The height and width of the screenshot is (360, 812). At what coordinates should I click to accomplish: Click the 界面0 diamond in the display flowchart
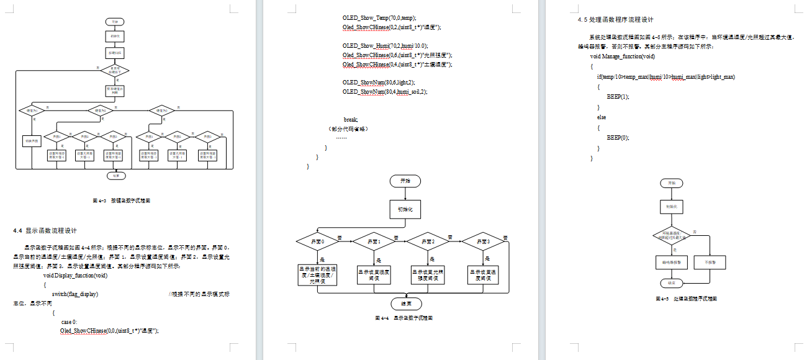(x=317, y=241)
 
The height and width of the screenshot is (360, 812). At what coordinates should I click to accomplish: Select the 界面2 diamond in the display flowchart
(x=430, y=241)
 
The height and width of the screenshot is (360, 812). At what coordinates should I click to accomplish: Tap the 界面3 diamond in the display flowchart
(x=484, y=241)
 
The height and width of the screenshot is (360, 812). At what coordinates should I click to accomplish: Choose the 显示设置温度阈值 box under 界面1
(x=373, y=274)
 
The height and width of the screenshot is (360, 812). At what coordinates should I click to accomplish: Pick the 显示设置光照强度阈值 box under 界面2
(x=429, y=274)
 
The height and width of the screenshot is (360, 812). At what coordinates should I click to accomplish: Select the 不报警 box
(x=710, y=263)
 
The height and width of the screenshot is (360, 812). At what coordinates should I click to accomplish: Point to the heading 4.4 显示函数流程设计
(x=45, y=230)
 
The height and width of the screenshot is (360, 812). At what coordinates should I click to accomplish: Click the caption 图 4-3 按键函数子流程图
(x=122, y=201)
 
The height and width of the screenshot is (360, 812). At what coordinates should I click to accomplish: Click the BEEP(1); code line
(x=618, y=97)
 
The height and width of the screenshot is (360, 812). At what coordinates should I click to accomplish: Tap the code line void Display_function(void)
(x=76, y=275)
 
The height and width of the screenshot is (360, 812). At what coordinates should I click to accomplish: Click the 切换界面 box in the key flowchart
(x=31, y=141)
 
